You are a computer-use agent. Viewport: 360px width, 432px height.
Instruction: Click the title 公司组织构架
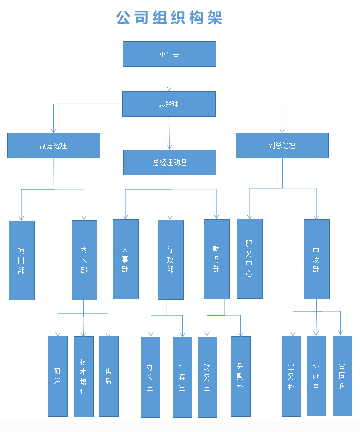click(169, 18)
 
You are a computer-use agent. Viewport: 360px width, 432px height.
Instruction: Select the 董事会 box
click(169, 54)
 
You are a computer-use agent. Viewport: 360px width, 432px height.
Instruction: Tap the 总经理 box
click(169, 104)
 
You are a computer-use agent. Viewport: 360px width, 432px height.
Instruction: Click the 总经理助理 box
click(169, 162)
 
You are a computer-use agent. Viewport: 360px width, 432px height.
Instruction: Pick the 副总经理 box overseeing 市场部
click(282, 145)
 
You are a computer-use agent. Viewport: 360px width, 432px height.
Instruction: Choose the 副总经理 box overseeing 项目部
click(53, 145)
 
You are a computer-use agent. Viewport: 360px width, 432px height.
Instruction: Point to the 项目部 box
click(22, 260)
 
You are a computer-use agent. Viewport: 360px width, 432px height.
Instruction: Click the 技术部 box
click(84, 260)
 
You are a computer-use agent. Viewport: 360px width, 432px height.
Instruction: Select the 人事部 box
click(125, 259)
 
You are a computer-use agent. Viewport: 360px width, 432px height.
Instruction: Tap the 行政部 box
click(170, 259)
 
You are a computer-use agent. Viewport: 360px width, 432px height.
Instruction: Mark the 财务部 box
click(216, 259)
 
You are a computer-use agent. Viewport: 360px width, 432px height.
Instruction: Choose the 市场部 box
click(316, 259)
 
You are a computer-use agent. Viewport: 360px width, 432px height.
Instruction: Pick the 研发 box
click(58, 376)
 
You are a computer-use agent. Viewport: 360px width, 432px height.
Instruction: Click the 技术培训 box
click(84, 376)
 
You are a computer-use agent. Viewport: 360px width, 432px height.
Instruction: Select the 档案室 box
click(182, 377)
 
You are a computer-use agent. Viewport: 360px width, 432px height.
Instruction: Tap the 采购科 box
click(240, 376)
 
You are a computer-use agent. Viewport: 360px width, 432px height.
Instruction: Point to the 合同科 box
click(342, 375)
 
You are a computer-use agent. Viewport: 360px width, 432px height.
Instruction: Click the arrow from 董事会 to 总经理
click(169, 79)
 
